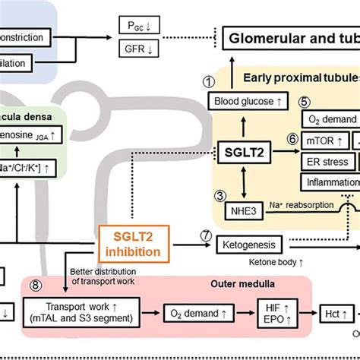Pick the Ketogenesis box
coord(249,245)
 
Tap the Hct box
coord(331,313)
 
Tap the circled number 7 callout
coord(204,236)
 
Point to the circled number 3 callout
coord(220,195)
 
